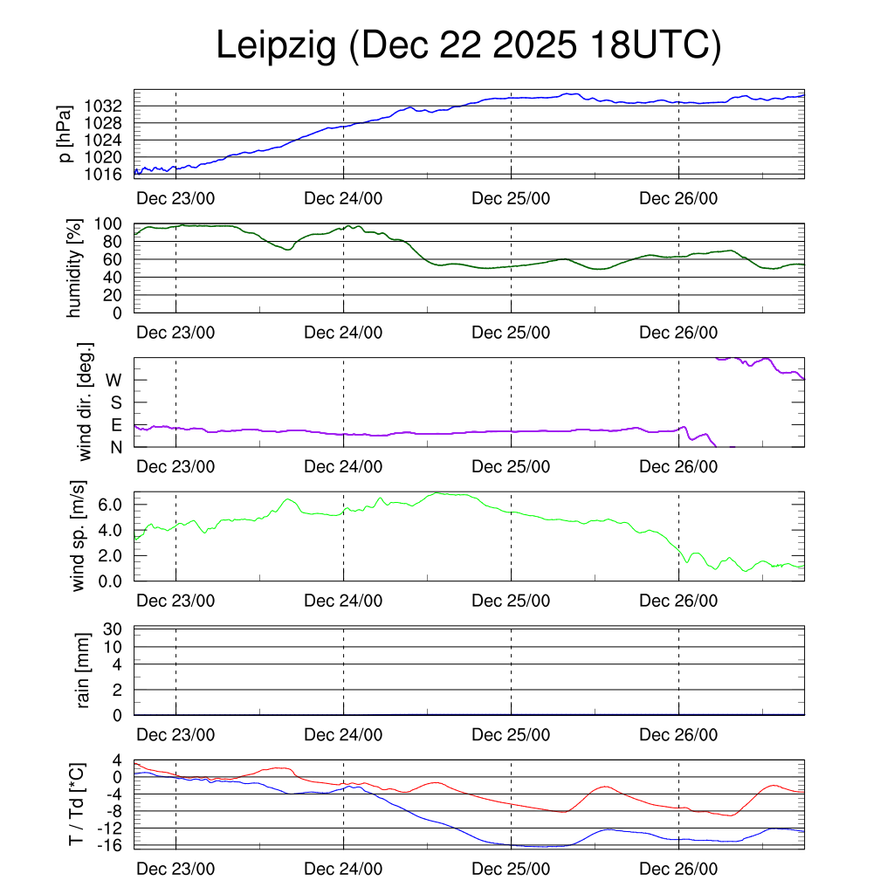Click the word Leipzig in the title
pos(276,46)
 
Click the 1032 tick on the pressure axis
pos(108,106)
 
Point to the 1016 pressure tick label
pos(108,174)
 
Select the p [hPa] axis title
pos(63,134)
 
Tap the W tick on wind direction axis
pos(113,380)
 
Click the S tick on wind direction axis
pos(115,402)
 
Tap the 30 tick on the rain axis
pos(113,629)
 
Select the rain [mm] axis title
pos(84,671)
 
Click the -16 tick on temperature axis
pos(110,844)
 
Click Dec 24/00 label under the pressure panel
pos(343,197)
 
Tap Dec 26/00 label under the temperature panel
pos(678,869)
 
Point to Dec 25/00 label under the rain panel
pos(511,735)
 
